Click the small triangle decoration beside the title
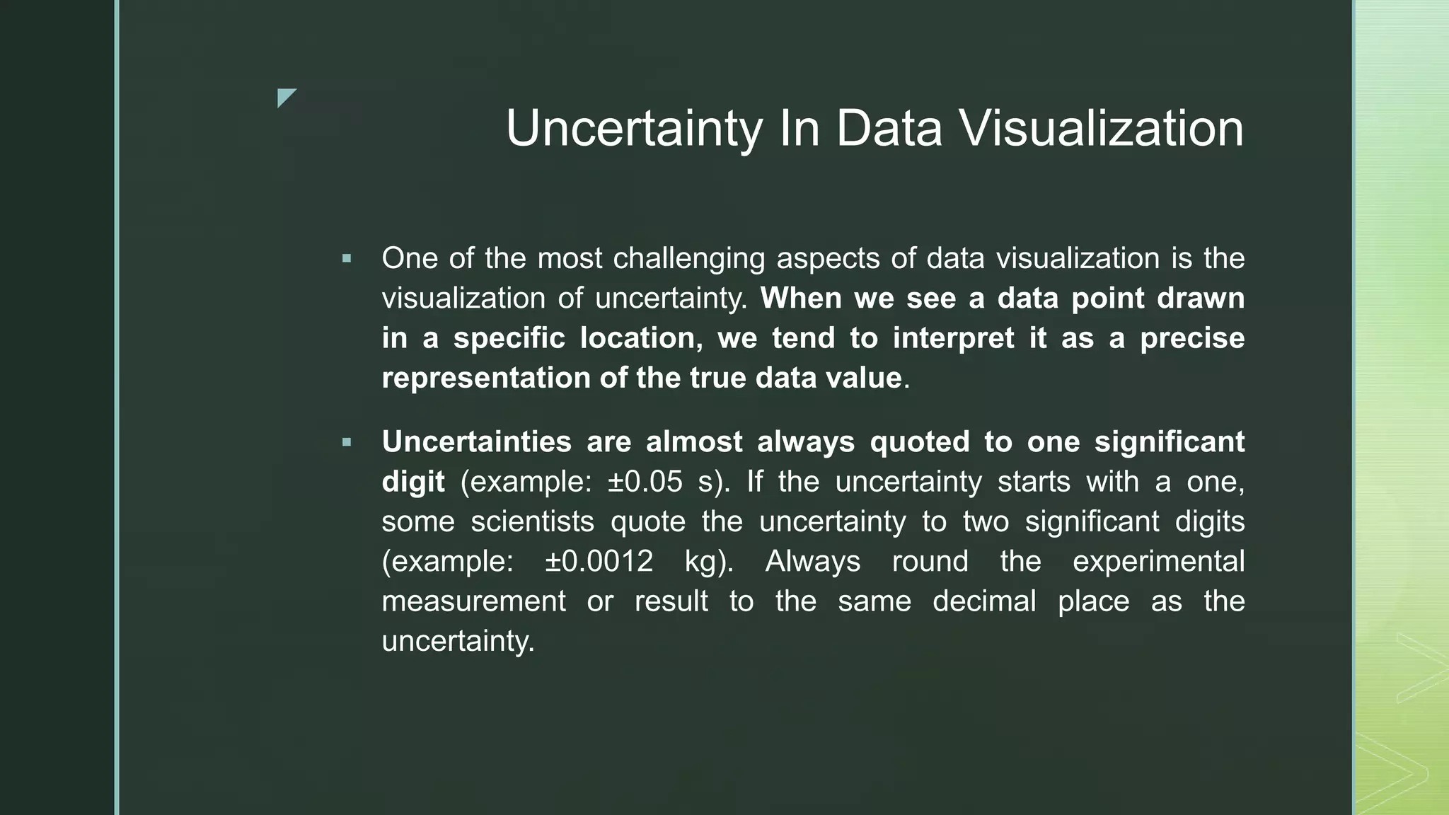(x=285, y=97)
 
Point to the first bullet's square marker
(x=346, y=259)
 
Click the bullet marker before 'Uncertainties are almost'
(x=346, y=443)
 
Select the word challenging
(x=688, y=258)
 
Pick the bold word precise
(x=1192, y=337)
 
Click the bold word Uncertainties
(x=476, y=441)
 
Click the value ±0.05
(x=645, y=482)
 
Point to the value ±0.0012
(x=599, y=562)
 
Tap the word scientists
(x=532, y=521)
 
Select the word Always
(x=812, y=562)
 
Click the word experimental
(x=1158, y=562)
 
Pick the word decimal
(x=983, y=601)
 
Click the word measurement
(x=473, y=601)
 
